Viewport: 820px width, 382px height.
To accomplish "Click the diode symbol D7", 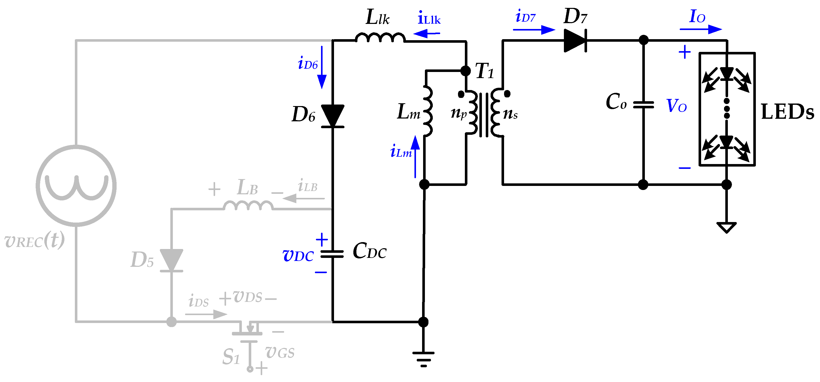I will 575,40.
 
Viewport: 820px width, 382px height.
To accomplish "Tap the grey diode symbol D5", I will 172,260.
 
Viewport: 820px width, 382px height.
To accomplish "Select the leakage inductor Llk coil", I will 380,38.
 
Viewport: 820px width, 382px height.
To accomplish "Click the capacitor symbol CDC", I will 332,254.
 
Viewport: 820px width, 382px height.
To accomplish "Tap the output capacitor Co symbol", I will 643,105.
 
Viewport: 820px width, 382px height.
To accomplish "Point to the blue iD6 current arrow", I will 322,67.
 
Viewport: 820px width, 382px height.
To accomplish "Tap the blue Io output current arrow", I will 701,29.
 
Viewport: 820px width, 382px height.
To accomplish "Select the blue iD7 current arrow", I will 534,30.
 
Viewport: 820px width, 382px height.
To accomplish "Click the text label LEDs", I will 787,112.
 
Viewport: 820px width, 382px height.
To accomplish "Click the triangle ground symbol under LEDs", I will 726,227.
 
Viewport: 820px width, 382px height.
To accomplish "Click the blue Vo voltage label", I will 676,106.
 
